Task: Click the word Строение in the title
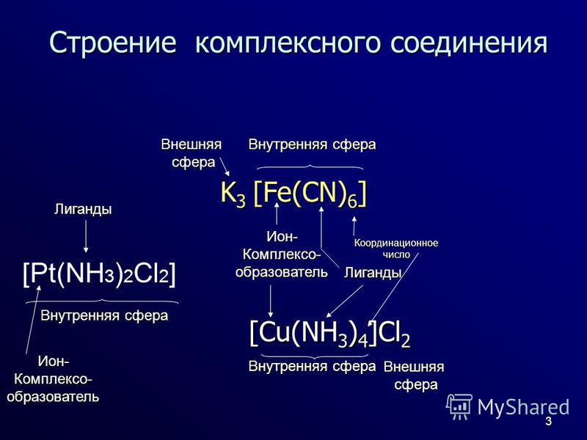tap(112, 42)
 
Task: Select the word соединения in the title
tap(469, 43)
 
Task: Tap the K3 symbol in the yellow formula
tap(233, 194)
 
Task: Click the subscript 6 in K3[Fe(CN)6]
tap(351, 201)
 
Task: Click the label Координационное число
tap(396, 249)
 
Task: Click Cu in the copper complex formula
tap(274, 332)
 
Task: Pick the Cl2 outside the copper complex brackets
tap(394, 333)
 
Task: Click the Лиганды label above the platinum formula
tap(83, 209)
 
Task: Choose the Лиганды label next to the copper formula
tap(373, 273)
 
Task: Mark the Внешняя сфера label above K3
tap(192, 153)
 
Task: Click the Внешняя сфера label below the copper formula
tap(414, 375)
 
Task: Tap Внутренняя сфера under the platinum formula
tap(104, 315)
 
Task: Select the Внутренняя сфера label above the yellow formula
tap(313, 144)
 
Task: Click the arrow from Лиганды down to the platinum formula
tap(86, 236)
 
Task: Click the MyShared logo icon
tap(459, 406)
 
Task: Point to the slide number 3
tap(548, 421)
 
